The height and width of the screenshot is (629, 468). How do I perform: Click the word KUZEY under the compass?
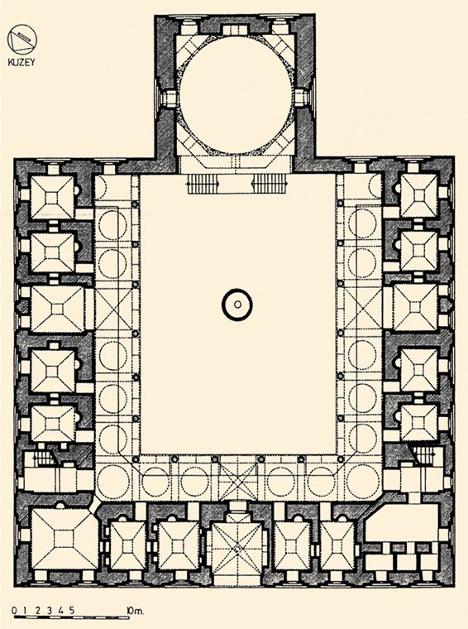[x=21, y=62]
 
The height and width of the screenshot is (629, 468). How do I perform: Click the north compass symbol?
[x=22, y=39]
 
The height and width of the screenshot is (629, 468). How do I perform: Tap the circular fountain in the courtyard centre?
[x=237, y=305]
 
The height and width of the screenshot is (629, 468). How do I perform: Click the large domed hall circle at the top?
[x=236, y=95]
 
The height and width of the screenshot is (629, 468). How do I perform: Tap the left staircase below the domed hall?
[x=203, y=185]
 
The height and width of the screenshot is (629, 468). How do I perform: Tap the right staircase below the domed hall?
[x=270, y=185]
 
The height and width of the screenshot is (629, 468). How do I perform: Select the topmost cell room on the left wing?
[x=53, y=197]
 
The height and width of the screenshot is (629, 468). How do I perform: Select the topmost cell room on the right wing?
[x=418, y=195]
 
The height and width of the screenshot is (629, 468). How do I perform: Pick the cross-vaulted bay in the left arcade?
[x=113, y=310]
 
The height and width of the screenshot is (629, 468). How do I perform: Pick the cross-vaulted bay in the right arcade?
[x=362, y=310]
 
